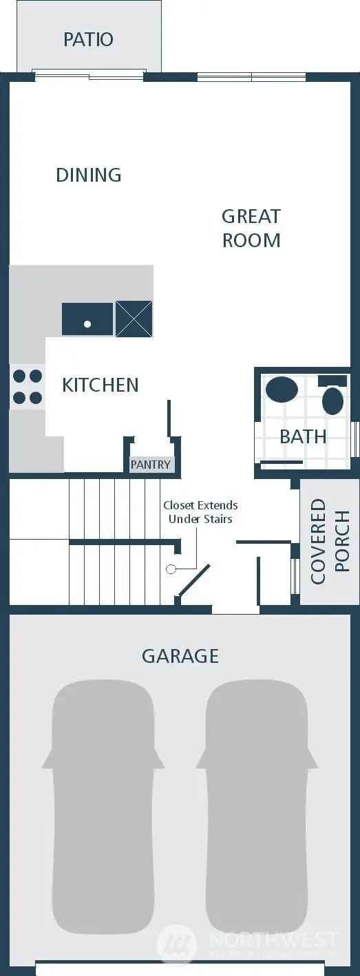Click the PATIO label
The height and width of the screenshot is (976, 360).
88,39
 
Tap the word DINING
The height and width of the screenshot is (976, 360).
89,175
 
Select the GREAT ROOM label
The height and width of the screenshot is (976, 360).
251,228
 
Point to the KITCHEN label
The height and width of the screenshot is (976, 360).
100,385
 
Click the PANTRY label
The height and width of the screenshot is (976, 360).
150,465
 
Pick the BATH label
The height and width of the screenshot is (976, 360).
303,436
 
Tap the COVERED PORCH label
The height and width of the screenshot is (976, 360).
330,541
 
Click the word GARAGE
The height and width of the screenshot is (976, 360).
180,656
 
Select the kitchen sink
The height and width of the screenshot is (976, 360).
87,319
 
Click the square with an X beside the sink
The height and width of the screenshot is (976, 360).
134,319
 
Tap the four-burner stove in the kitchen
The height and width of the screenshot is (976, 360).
28,387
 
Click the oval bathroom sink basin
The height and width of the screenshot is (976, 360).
282,390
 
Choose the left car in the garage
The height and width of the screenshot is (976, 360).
103,785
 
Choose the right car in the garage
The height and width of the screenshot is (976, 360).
257,785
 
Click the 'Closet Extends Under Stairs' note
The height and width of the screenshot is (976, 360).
200,512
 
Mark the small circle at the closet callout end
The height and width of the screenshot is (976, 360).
171,569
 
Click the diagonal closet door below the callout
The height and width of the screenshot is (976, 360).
194,581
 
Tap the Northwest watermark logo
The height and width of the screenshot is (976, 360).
176,942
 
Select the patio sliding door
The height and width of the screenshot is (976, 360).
89,74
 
